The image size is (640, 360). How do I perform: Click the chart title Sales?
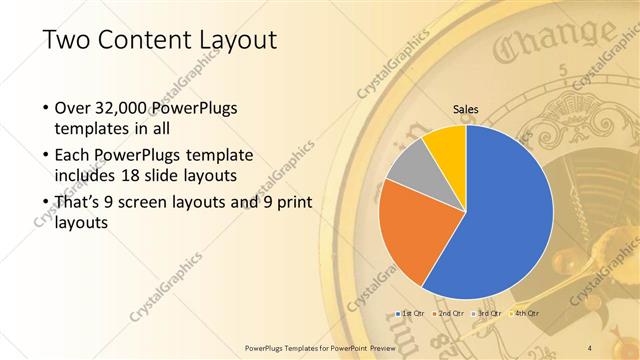click(466, 109)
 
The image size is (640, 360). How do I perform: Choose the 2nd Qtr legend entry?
click(451, 314)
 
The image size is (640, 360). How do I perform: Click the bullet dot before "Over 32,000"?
click(46, 107)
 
